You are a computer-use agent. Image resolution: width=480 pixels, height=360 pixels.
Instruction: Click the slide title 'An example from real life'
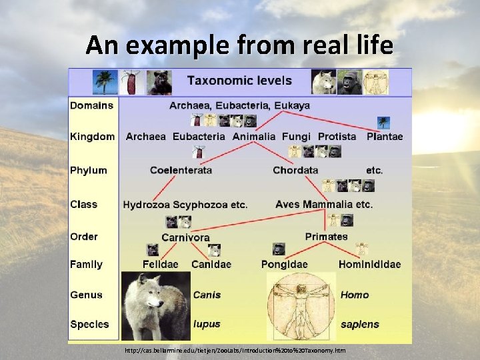click(x=239, y=45)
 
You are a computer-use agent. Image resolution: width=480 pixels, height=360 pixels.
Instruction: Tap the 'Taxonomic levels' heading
click(x=239, y=81)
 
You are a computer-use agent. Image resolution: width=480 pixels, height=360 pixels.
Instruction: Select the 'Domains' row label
click(x=91, y=105)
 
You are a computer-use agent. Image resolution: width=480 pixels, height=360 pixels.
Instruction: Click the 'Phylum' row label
click(x=88, y=170)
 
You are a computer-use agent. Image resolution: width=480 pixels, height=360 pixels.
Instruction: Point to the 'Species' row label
click(x=89, y=325)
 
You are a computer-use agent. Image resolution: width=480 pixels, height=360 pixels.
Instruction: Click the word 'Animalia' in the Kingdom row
click(x=253, y=137)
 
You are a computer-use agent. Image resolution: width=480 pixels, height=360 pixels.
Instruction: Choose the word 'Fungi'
click(x=296, y=137)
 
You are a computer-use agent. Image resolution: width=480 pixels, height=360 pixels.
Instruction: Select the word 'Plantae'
click(x=385, y=137)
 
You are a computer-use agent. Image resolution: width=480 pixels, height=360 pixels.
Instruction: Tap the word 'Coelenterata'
click(x=181, y=170)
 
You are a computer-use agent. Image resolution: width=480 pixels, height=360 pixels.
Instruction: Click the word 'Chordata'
click(x=295, y=170)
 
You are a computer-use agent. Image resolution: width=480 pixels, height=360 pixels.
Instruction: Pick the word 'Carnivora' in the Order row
click(x=185, y=237)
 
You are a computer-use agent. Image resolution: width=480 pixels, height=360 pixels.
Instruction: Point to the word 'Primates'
click(x=326, y=237)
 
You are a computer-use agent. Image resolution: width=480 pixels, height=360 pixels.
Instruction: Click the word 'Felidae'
click(x=160, y=265)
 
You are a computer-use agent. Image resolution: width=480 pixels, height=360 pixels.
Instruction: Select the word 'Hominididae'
click(x=369, y=265)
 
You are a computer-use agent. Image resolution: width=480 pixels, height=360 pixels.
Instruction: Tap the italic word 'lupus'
click(x=207, y=325)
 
